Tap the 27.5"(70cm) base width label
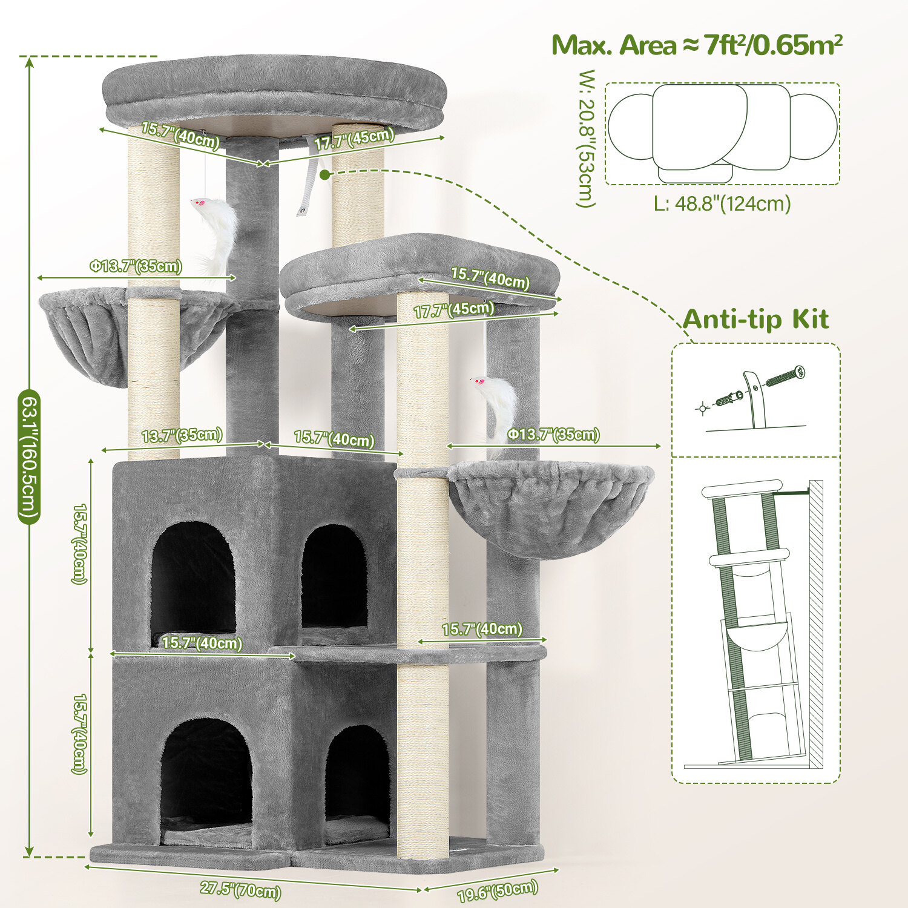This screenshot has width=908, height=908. coord(240,889)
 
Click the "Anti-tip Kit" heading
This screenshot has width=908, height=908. coord(755,319)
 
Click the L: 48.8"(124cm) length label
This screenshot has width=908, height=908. coord(722,203)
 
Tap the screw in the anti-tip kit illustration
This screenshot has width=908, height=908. coord(785,377)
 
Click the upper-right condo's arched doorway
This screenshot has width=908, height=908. coord(334,576)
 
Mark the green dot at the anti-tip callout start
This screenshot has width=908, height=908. coord(325,175)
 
